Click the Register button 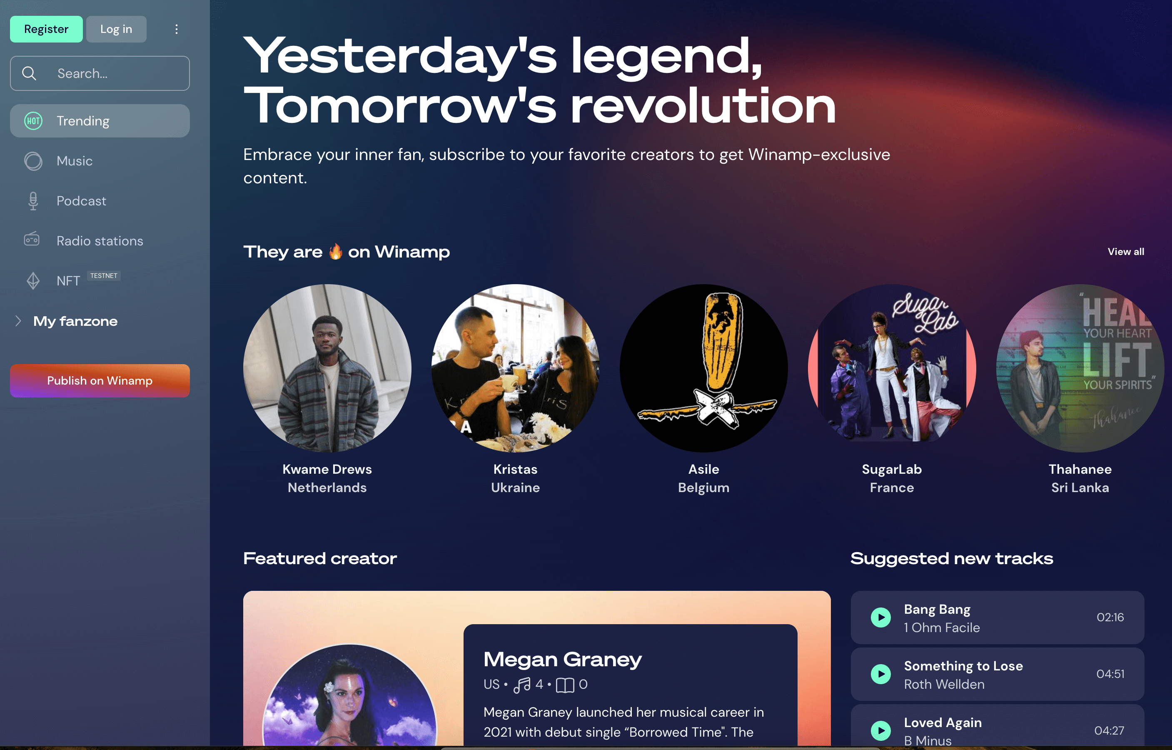[46, 29]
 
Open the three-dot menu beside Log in [177, 29]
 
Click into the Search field [100, 73]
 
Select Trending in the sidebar [100, 121]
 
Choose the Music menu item [75, 161]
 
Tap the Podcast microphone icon [33, 201]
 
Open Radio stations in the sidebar [100, 241]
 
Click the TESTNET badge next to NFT [104, 276]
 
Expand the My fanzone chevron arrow [18, 321]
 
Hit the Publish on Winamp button [100, 381]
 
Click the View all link [1126, 252]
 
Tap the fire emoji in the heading [335, 252]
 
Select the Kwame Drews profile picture [327, 368]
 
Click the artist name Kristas [516, 469]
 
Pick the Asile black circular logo [704, 368]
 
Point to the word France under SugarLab [892, 487]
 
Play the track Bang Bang [881, 617]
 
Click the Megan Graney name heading [563, 660]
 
